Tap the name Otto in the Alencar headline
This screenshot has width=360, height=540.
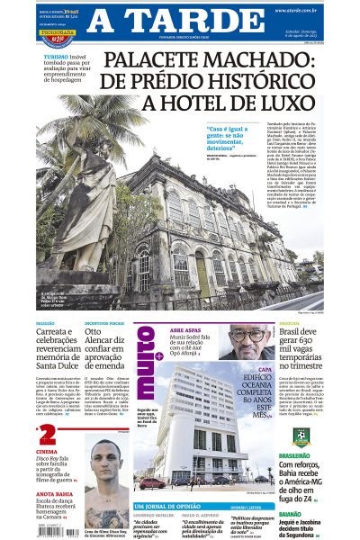97,330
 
